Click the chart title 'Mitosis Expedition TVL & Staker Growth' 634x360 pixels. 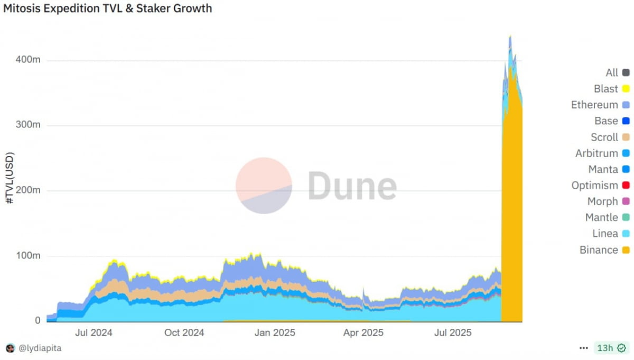pyautogui.click(x=108, y=9)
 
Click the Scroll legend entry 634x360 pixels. pyautogui.click(x=610, y=137)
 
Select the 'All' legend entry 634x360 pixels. pyautogui.click(x=617, y=73)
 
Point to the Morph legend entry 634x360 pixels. pyautogui.click(x=608, y=201)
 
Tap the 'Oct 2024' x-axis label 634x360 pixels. pyautogui.click(x=184, y=333)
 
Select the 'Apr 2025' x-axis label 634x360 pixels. pyautogui.click(x=363, y=333)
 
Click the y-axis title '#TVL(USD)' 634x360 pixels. pyautogui.click(x=10, y=179)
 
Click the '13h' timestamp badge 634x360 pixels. pyautogui.click(x=611, y=348)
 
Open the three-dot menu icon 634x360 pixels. pyautogui.click(x=583, y=348)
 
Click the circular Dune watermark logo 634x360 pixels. pyautogui.click(x=264, y=186)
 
